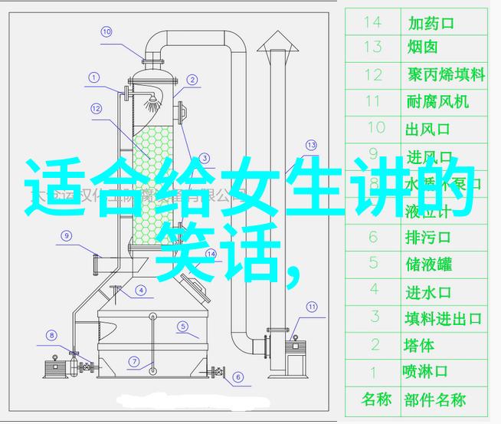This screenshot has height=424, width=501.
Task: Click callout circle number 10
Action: click(106, 32)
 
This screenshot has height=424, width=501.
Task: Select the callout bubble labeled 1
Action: click(94, 77)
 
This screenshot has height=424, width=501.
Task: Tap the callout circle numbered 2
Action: click(192, 79)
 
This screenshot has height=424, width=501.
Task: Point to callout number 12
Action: click(96, 109)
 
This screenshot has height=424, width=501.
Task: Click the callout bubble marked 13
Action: click(311, 144)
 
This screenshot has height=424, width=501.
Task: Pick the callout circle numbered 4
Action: click(140, 291)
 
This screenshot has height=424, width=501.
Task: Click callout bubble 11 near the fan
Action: click(312, 307)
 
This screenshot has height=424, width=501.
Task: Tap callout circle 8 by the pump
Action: click(52, 335)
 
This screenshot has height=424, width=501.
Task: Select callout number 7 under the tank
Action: click(133, 361)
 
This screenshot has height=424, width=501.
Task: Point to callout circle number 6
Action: click(237, 377)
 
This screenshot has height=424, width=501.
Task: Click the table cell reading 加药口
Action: click(431, 23)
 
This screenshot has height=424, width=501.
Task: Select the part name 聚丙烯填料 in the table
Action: click(445, 74)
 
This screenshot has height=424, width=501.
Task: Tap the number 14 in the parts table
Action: click(373, 22)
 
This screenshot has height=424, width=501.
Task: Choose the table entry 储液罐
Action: click(428, 264)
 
